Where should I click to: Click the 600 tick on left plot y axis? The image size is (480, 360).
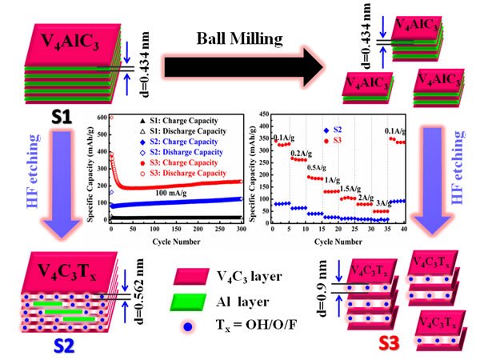coord(99,118)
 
